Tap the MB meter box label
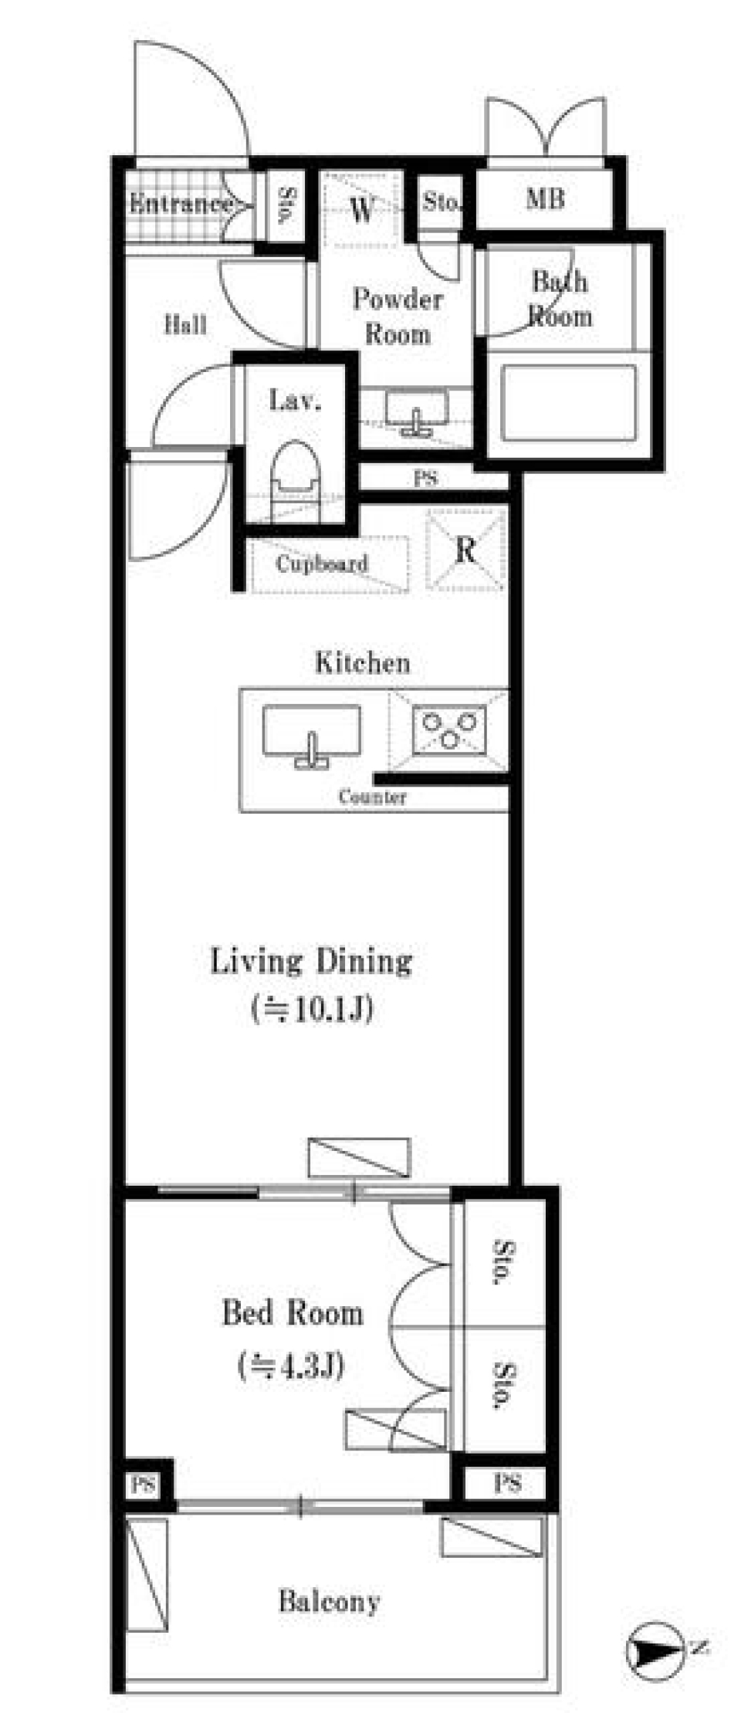click(545, 199)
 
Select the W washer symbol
click(362, 208)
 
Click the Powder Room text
click(398, 317)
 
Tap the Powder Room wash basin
click(417, 411)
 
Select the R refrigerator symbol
click(465, 550)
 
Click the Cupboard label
click(322, 564)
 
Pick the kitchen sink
click(311, 735)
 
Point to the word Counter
click(372, 797)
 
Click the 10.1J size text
click(313, 1008)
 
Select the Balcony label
click(329, 1601)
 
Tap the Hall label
click(185, 324)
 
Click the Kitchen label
click(362, 662)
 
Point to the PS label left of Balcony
click(143, 1484)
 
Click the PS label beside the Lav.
click(425, 479)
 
